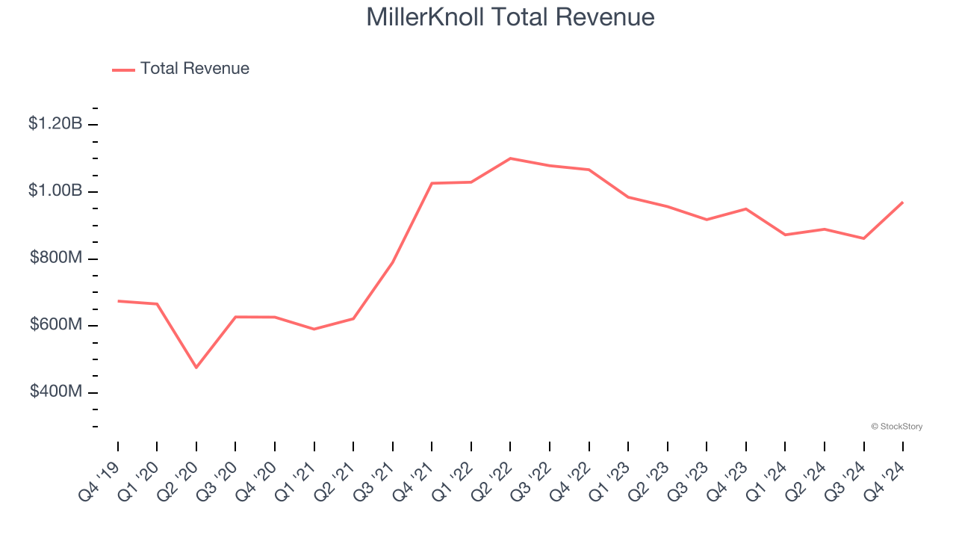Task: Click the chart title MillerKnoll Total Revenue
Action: click(510, 17)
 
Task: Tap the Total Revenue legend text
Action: click(194, 69)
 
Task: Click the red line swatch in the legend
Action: click(123, 69)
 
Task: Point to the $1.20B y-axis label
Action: click(55, 124)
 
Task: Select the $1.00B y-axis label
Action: click(55, 191)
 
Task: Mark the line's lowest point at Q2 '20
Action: click(196, 368)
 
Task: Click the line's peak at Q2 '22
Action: click(510, 158)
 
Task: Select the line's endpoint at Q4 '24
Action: click(902, 202)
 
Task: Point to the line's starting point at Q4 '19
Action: click(118, 301)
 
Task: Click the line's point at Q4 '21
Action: click(432, 183)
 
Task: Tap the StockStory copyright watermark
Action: click(896, 427)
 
